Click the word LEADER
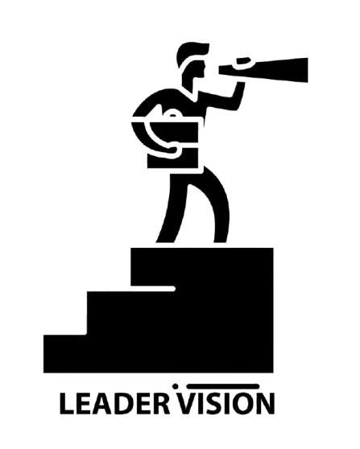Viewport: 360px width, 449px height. click(114, 404)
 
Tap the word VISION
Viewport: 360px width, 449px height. click(226, 404)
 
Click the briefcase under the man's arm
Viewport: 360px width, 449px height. click(173, 145)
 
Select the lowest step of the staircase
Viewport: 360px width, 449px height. click(65, 353)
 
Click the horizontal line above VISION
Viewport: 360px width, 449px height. click(223, 386)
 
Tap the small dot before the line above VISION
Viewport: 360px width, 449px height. click(175, 386)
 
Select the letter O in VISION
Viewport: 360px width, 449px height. click(241, 404)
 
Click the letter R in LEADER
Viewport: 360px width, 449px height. click(162, 404)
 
